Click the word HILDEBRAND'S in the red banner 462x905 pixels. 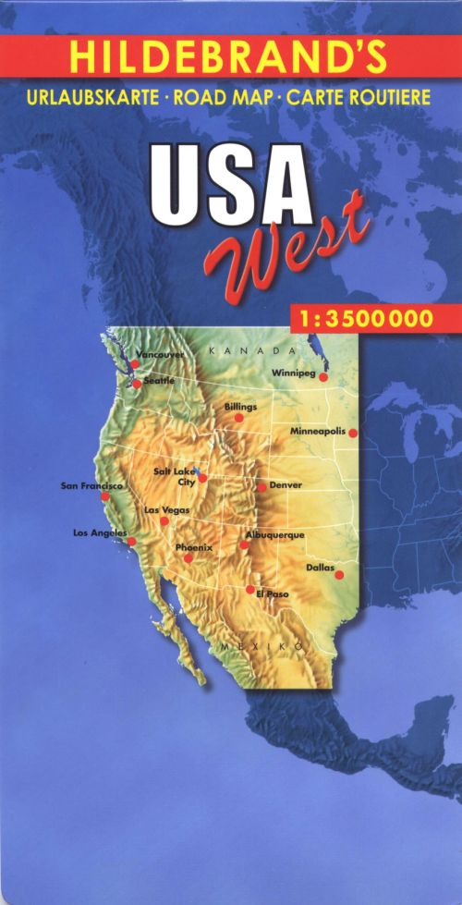point(226,57)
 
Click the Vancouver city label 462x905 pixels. point(160,355)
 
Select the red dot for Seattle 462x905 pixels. point(137,384)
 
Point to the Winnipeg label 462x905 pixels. point(294,373)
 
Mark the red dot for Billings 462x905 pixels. point(238,418)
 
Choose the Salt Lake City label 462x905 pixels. point(174,476)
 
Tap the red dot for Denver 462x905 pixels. point(261,486)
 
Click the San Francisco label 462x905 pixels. point(91,485)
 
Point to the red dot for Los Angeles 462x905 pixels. point(131,542)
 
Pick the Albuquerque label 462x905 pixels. point(275,535)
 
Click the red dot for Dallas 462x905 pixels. point(339,575)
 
